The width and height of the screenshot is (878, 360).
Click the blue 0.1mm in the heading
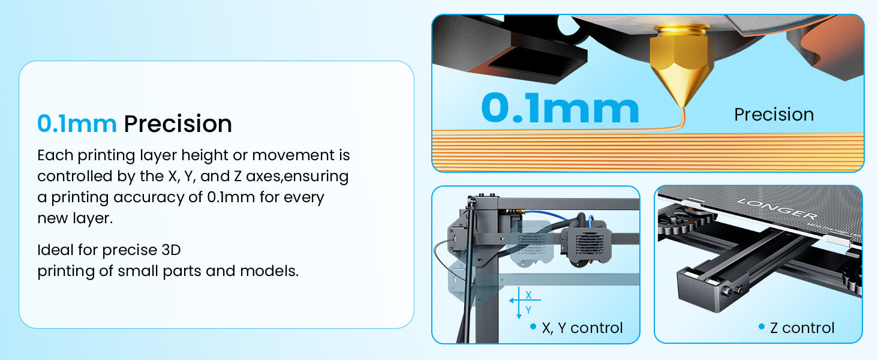(x=77, y=124)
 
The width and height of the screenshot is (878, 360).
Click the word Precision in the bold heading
(x=178, y=124)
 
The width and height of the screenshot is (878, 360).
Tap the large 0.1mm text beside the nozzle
(x=560, y=108)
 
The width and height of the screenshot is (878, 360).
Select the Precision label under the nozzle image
(x=774, y=115)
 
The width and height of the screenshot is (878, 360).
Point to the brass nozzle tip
(x=684, y=104)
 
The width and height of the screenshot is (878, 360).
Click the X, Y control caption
(x=582, y=328)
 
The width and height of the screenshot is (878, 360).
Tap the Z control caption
(x=802, y=328)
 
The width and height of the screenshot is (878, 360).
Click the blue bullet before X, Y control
(x=533, y=326)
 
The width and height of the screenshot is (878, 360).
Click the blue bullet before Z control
(x=761, y=326)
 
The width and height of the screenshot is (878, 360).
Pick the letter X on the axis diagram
(x=528, y=295)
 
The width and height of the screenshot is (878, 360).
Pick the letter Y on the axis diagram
(x=528, y=310)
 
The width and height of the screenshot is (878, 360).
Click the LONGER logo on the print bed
(x=777, y=209)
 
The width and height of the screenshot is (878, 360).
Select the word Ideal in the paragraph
(x=56, y=250)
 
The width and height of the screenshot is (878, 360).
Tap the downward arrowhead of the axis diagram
(x=519, y=316)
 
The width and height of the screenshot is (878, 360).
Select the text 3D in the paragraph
(x=171, y=250)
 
